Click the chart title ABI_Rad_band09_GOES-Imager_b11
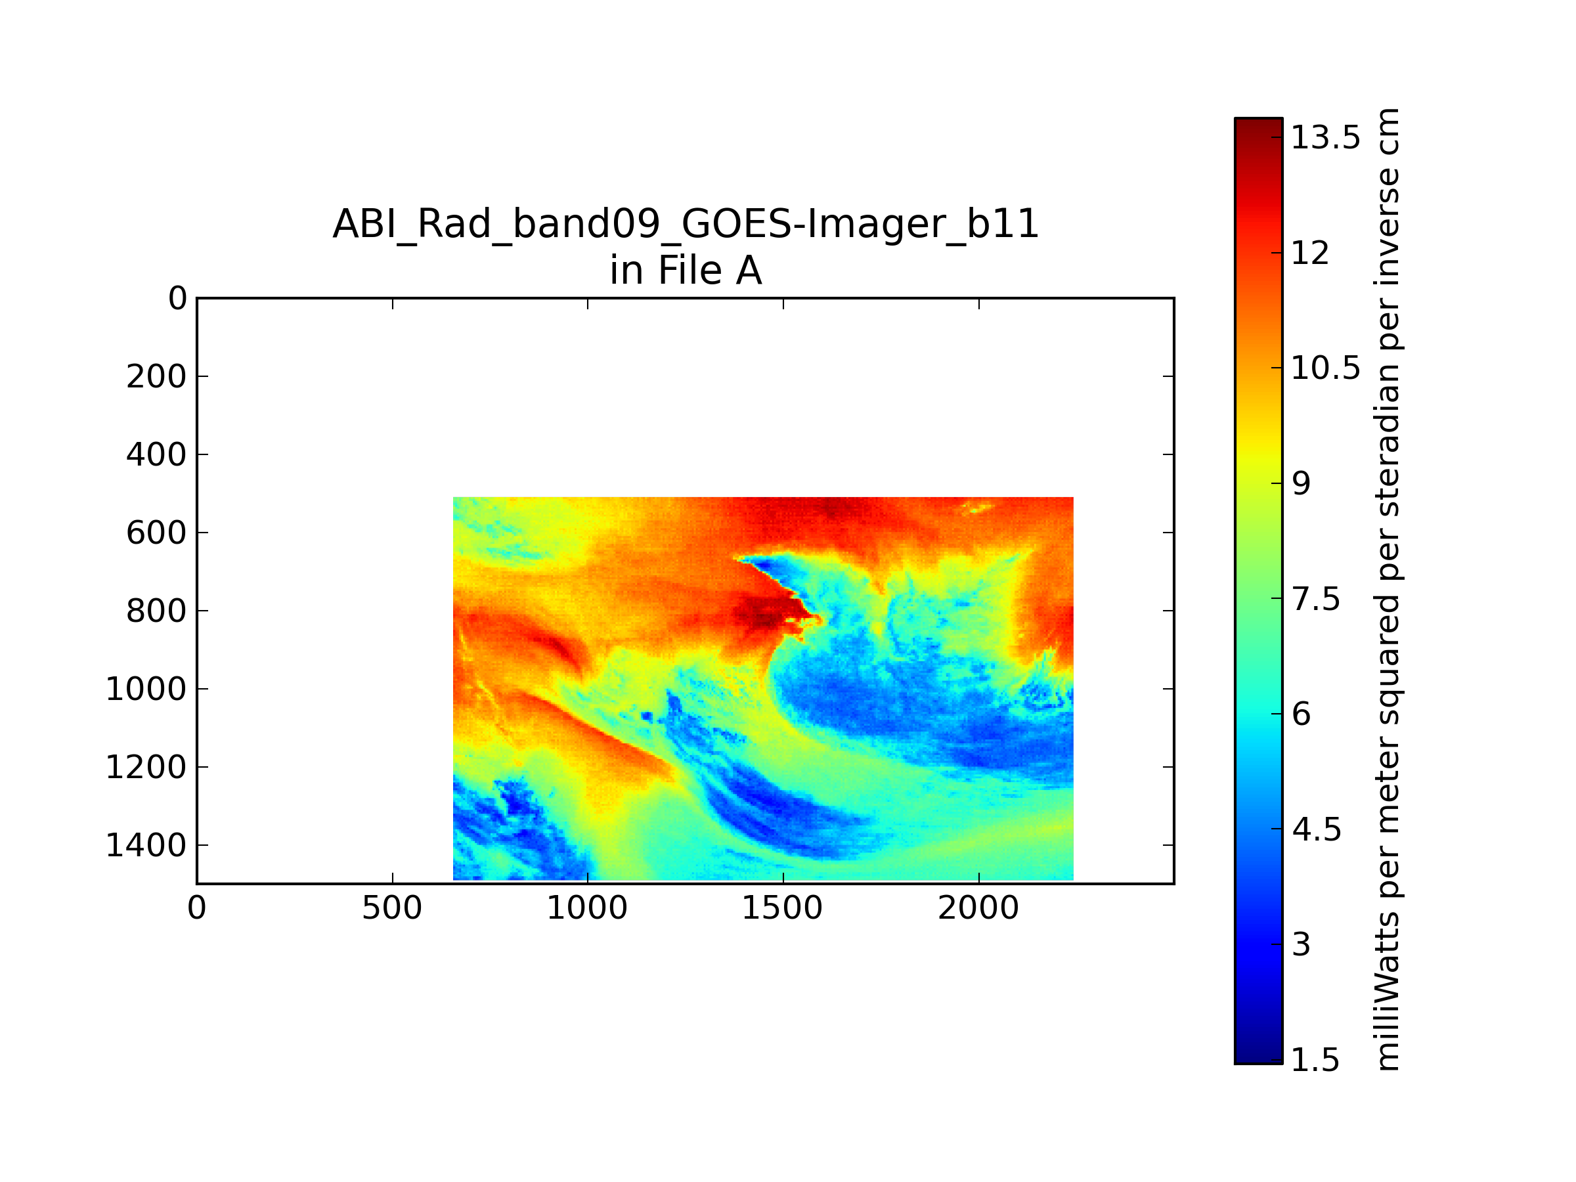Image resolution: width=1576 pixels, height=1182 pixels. pos(686,224)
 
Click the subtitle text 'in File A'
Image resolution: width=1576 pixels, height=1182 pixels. pos(686,271)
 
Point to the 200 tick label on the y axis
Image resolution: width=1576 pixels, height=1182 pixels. pos(157,376)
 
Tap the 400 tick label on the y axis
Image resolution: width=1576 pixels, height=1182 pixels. pos(157,454)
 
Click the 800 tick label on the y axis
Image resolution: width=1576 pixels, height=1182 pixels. pos(157,611)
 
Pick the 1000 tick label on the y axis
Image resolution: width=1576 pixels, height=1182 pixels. pos(146,689)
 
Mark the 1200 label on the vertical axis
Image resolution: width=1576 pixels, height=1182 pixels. pos(146,768)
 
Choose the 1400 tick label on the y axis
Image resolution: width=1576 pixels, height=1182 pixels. pos(146,845)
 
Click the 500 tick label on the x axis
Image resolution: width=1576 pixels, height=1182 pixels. pos(392,908)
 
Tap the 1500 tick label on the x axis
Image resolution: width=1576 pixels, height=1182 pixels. pos(783,908)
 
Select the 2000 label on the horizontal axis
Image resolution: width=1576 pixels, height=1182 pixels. pos(978,908)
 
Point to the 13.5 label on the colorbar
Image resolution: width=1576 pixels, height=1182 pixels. pos(1325,137)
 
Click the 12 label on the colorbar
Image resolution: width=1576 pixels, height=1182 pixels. pos(1310,253)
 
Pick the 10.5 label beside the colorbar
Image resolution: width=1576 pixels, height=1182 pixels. pos(1325,368)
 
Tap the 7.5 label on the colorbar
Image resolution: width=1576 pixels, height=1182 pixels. pos(1317,599)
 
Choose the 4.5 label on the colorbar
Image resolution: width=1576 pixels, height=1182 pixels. pos(1317,830)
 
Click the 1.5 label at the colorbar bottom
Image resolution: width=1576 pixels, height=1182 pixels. pos(1315,1060)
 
